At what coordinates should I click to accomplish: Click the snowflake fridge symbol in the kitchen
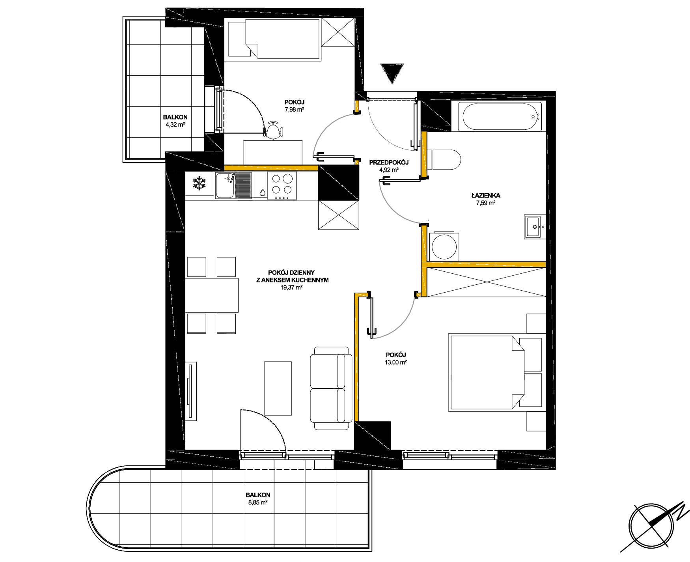tap(200, 183)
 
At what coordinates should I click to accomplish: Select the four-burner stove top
tap(282, 186)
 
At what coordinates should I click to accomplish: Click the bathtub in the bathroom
tap(500, 116)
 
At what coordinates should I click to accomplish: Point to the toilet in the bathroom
tap(446, 160)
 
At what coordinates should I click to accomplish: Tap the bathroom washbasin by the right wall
tap(535, 227)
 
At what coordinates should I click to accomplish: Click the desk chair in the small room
tap(273, 131)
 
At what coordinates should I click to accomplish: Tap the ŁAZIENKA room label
tap(485, 195)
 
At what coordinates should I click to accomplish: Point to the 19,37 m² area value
tap(291, 288)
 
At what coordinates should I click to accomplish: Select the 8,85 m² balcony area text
tap(257, 502)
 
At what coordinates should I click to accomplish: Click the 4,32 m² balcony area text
tap(175, 125)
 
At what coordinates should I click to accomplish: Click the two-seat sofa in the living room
tap(331, 388)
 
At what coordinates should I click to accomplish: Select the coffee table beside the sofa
tap(278, 388)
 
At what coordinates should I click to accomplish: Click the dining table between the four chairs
tap(212, 295)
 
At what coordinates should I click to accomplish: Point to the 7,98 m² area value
tap(295, 110)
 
